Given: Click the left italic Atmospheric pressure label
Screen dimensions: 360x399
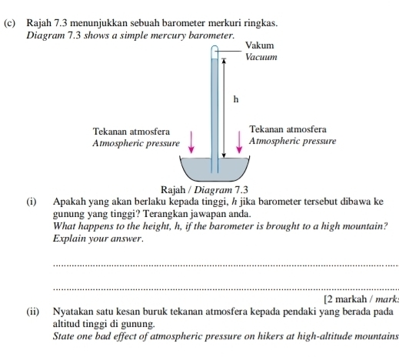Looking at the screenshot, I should tap(135, 143).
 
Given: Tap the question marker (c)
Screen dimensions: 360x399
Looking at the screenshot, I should tap(10, 25).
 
